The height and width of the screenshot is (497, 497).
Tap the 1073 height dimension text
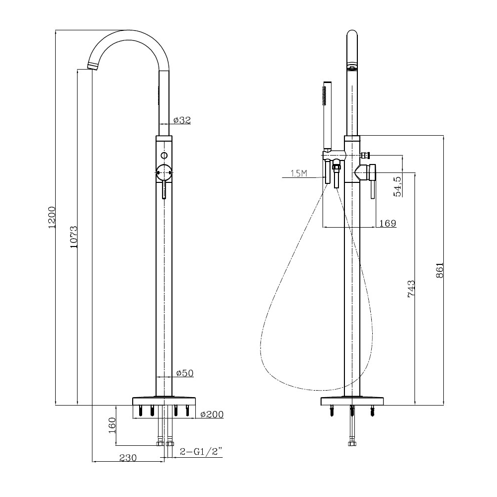[74, 237]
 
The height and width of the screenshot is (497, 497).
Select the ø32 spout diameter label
[182, 120]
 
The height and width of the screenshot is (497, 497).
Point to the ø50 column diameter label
[184, 373]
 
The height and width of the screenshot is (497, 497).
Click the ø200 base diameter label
[212, 414]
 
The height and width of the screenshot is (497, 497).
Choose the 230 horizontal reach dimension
[128, 458]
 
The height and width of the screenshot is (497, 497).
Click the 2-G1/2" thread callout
[201, 451]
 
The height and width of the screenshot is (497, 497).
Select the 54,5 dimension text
[398, 186]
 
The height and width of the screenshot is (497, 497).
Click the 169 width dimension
[388, 223]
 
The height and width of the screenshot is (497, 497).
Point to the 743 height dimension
[411, 288]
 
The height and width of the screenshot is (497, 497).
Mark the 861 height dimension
[440, 270]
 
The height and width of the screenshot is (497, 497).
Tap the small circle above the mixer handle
[164, 156]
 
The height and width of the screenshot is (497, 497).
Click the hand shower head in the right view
[327, 116]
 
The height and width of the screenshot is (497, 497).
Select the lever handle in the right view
[373, 181]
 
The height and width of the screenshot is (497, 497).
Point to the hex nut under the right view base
[352, 443]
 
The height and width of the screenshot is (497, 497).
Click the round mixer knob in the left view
[164, 173]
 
